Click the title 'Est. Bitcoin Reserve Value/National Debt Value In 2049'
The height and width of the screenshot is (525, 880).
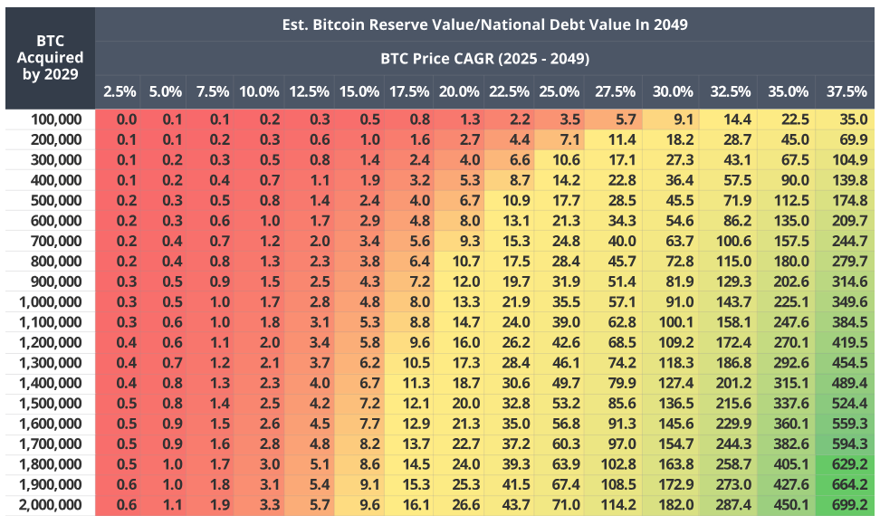tap(484, 24)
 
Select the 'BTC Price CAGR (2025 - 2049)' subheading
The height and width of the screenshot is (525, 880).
tap(484, 59)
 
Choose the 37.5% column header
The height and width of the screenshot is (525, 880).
tap(847, 91)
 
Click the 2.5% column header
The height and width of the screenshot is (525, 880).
tap(120, 91)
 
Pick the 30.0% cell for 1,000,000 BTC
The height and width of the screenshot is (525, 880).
tap(673, 301)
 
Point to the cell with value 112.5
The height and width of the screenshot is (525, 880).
tap(789, 200)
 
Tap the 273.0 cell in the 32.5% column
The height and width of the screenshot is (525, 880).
tap(731, 484)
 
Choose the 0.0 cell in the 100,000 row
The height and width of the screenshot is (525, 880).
tap(126, 119)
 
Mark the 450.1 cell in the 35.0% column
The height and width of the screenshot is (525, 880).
tap(789, 504)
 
